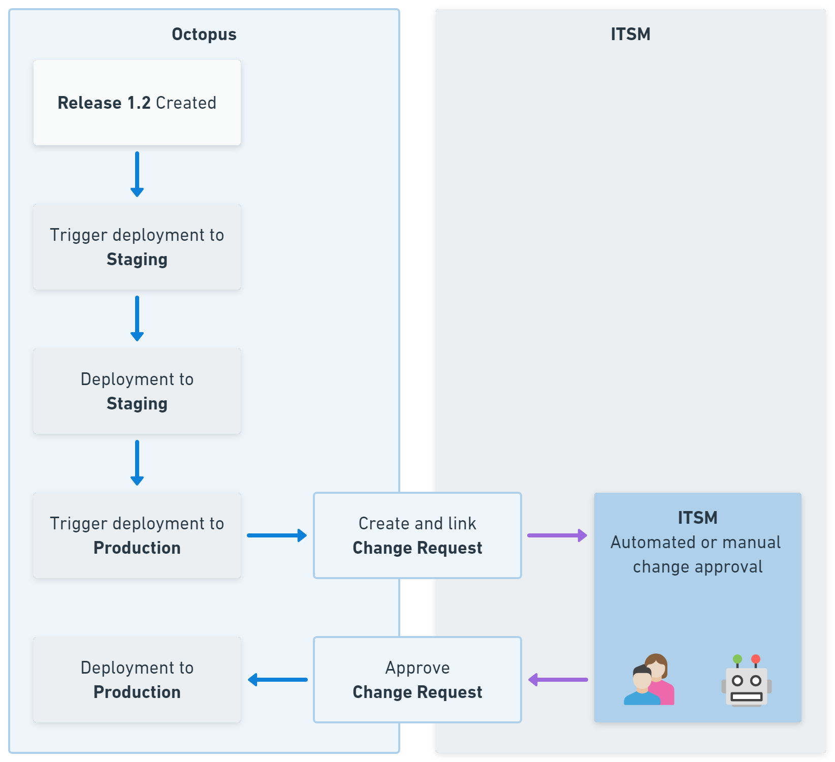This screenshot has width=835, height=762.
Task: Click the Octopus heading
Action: coord(204,34)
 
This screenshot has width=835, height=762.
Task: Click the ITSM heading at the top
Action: coord(630,34)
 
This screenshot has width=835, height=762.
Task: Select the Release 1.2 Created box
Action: coord(137,103)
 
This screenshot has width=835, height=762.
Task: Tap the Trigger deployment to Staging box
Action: coord(137,247)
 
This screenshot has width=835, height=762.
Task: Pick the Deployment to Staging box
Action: coord(137,391)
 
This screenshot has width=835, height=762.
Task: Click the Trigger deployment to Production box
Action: coord(137,535)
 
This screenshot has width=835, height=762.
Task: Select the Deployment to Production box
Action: coord(137,680)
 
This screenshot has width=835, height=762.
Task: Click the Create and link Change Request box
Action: coord(417,535)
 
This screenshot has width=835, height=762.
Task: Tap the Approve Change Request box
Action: coord(417,680)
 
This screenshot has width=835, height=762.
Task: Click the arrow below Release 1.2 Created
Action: coord(137,174)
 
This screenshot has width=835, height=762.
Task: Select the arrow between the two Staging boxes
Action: coord(137,319)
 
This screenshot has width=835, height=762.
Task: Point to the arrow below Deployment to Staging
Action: coord(137,463)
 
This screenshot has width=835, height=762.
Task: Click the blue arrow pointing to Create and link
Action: coord(277,535)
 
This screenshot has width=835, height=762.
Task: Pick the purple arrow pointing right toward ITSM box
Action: coord(557,535)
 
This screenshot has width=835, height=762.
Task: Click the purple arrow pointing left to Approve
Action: coord(558,680)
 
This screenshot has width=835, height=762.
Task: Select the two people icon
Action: coord(649,681)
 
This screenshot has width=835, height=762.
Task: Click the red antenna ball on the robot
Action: coord(756,659)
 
